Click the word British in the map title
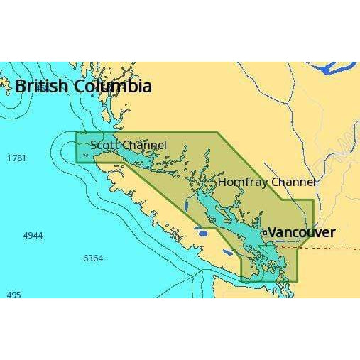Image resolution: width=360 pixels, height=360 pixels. click(42, 87)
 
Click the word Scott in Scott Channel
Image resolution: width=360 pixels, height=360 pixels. click(104, 145)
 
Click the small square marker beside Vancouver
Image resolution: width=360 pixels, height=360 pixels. click(264, 232)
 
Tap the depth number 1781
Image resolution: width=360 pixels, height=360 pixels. click(16, 158)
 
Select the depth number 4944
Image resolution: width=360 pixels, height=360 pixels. click(33, 234)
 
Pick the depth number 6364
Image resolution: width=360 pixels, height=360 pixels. click(93, 258)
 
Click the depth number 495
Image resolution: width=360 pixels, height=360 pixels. click(13, 295)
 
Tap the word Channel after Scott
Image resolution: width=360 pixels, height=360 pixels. click(144, 145)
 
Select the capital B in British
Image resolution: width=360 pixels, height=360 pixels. click(21, 87)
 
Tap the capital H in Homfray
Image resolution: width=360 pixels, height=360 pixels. click(222, 182)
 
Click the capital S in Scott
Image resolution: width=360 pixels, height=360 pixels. click(94, 145)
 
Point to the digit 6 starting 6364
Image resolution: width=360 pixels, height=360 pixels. click(86, 258)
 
